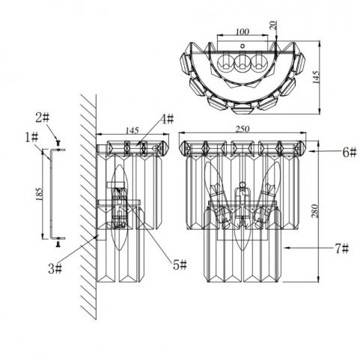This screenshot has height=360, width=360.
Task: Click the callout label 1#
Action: [31, 138]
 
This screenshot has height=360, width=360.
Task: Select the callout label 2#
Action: [43, 118]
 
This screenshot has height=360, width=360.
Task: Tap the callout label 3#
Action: [55, 269]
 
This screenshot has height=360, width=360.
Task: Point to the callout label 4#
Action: [167, 119]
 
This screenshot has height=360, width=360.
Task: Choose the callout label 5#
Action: [180, 264]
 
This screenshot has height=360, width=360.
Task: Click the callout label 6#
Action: [350, 152]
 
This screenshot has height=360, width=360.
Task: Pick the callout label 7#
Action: [341, 248]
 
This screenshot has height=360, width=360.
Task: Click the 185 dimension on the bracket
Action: [39, 194]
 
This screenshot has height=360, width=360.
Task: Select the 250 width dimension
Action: [242, 129]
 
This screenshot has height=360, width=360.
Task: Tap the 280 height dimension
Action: [315, 211]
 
